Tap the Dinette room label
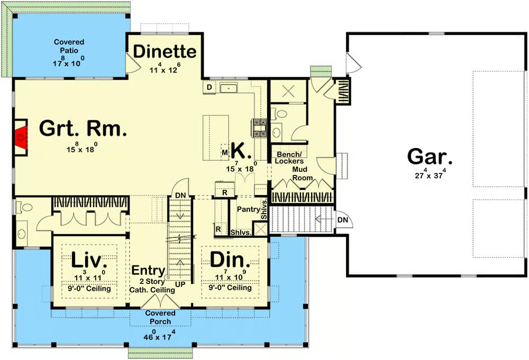point(165,52)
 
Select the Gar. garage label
point(430,156)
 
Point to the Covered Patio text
point(69,46)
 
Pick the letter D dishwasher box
point(209,87)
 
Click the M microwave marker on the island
point(225,153)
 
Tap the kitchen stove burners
point(260,128)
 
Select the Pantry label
point(248,209)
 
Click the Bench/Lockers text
point(289,158)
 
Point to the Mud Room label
point(302,173)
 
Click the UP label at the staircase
point(180,284)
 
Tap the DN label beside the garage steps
point(343,220)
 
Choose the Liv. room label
point(87,260)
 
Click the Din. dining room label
point(230,260)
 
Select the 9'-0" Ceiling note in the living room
point(89,289)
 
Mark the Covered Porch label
point(160,317)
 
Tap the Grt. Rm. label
point(83,128)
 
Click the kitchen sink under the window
point(229,88)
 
